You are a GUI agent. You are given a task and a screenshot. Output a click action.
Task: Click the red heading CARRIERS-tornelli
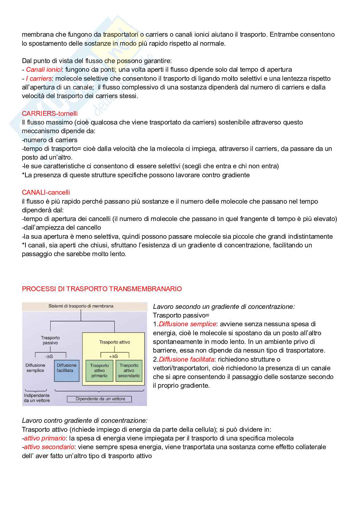tap(50, 114)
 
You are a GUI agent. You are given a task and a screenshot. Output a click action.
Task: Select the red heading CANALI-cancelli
tap(46, 192)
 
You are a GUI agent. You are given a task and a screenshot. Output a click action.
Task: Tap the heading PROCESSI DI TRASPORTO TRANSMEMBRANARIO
tap(102, 289)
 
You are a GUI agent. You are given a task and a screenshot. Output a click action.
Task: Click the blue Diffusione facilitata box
tap(67, 371)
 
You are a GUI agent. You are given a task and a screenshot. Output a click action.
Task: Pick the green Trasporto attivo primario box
tap(99, 371)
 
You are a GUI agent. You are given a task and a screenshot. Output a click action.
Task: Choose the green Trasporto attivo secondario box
tap(129, 371)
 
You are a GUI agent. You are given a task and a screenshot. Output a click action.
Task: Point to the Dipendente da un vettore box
tap(99, 399)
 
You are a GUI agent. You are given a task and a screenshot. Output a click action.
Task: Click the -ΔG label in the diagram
tap(49, 356)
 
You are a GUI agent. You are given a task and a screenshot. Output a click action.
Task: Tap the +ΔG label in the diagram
tap(113, 356)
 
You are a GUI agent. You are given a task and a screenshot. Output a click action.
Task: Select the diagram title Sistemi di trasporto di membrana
tap(81, 306)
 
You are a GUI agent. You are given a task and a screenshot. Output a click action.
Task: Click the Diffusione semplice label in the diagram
tap(35, 368)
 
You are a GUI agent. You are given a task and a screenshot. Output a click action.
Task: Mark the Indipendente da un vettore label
tap(37, 398)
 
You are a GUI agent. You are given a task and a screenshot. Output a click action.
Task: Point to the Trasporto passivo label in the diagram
tap(50, 340)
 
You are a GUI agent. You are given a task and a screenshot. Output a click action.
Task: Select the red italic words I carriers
tap(39, 79)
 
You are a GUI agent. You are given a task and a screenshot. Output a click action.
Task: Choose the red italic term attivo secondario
tap(49, 447)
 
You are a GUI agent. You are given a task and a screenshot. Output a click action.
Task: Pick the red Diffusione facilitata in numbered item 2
tap(186, 359)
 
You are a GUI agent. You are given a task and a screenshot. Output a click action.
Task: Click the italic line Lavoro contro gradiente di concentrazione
tap(85, 420)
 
